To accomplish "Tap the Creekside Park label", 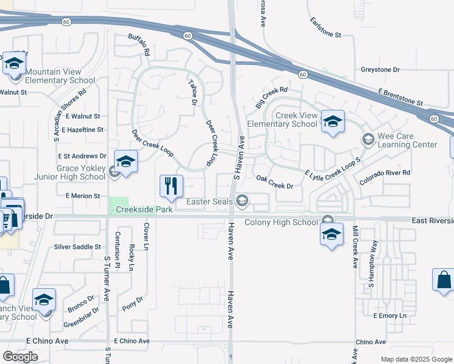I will tap(141, 209).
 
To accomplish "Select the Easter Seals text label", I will tap(209, 201).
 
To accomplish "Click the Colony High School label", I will tap(281, 223).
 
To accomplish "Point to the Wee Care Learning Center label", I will tap(407, 140).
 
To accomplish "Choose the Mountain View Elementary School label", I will tap(59, 76).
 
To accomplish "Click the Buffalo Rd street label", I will tap(139, 45).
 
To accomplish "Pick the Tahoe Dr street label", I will tap(193, 93).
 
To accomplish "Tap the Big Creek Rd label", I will tap(271, 97).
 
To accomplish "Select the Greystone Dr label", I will tap(380, 70).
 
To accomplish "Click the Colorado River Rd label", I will tap(385, 177).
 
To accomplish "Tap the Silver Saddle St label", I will tap(77, 247).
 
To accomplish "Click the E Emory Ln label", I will tap(390, 316).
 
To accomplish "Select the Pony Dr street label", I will tap(132, 303).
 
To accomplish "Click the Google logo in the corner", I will tap(20, 356).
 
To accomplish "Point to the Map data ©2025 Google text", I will tap(416, 359).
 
